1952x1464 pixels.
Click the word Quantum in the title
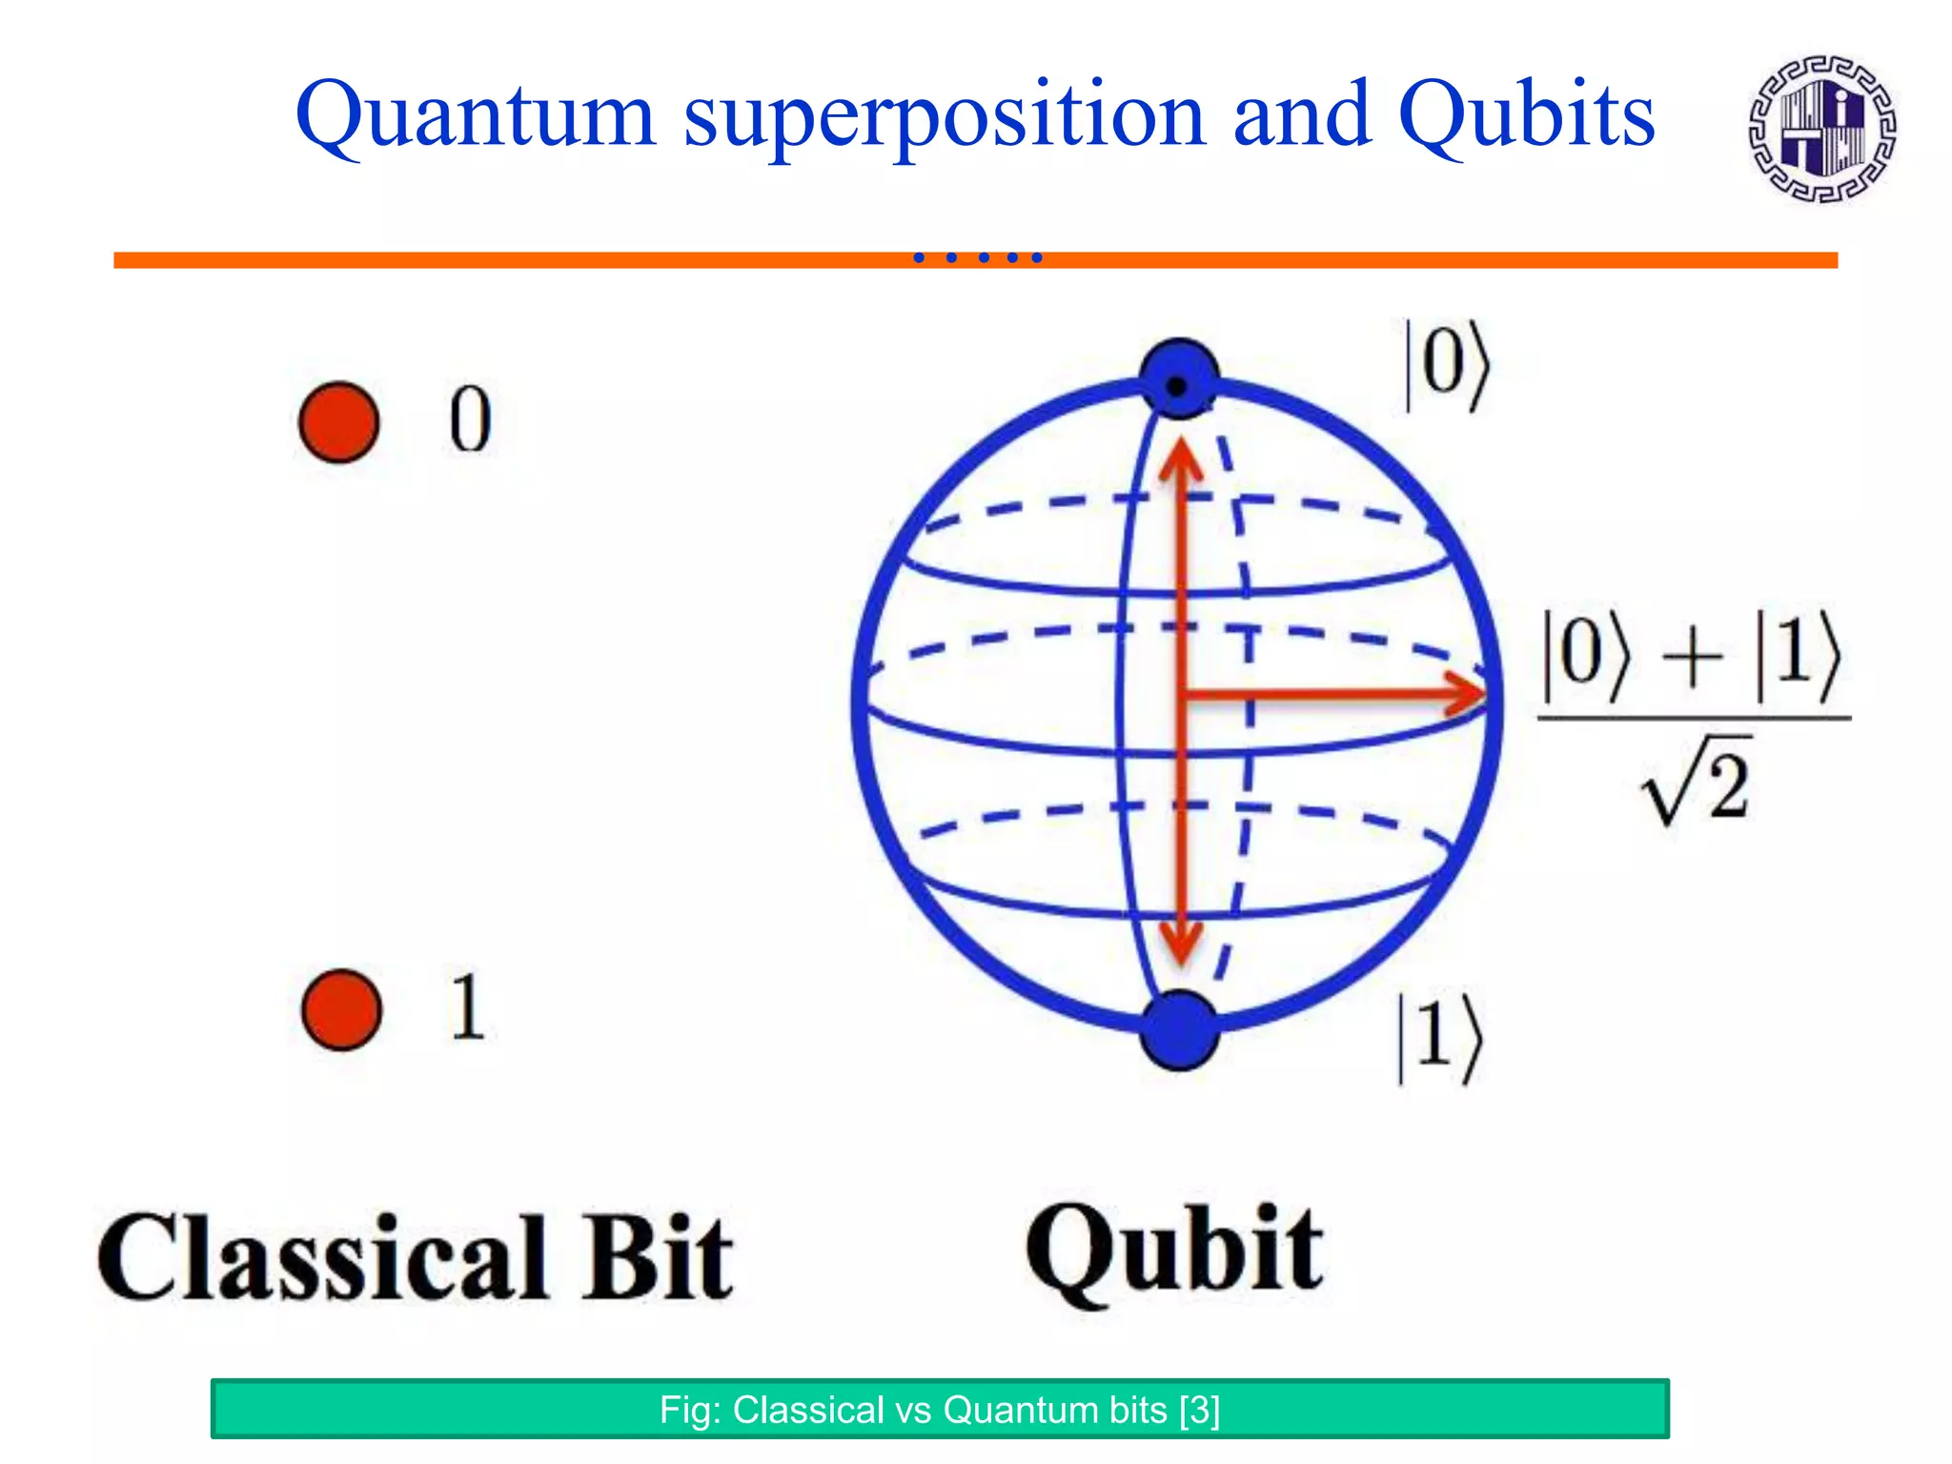tap(475, 116)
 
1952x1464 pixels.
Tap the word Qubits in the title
tap(1526, 116)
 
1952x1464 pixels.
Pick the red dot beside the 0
tap(338, 422)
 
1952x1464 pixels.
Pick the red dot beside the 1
tap(341, 1010)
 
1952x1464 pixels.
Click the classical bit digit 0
tap(470, 420)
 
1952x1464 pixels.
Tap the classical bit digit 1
tap(467, 1007)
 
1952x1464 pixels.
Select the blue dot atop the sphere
tap(1179, 378)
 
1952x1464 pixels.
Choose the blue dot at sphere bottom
tap(1179, 1031)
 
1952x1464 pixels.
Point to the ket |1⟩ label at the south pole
tap(1439, 1038)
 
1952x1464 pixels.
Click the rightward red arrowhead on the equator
tap(1463, 693)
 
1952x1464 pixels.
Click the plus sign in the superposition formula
tap(1692, 659)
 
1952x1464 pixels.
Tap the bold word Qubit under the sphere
tap(1174, 1250)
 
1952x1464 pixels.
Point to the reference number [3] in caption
tap(1199, 1410)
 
